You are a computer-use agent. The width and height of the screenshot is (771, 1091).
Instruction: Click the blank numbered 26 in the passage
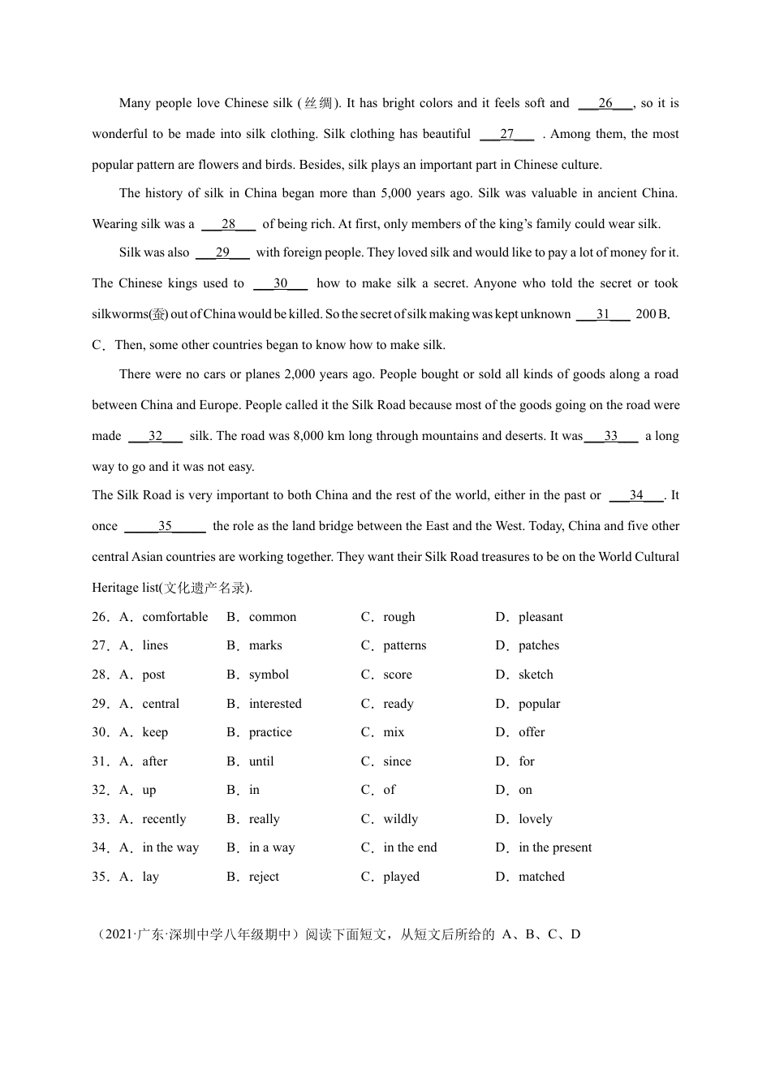click(605, 103)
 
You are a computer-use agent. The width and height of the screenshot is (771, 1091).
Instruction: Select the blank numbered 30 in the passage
click(281, 283)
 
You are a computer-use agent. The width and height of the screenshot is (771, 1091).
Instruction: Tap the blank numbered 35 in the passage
click(165, 526)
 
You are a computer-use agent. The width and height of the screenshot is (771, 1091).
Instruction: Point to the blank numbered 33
click(611, 436)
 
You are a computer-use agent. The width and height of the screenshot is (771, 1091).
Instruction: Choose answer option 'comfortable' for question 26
click(174, 617)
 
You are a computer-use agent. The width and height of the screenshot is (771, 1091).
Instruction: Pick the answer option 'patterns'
click(404, 645)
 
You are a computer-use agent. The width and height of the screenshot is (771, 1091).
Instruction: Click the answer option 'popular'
click(539, 704)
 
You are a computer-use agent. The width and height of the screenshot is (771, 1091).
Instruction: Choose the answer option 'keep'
click(155, 732)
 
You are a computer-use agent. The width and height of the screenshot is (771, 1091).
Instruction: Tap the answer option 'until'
click(261, 761)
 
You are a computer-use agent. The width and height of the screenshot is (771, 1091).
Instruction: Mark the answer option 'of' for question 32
click(390, 790)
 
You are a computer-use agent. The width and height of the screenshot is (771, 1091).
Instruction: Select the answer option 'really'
click(264, 819)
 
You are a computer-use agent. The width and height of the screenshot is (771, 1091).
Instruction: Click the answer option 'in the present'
click(555, 847)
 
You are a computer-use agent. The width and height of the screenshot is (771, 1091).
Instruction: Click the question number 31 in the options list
click(100, 761)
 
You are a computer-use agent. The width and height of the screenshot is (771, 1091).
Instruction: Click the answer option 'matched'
click(541, 877)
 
